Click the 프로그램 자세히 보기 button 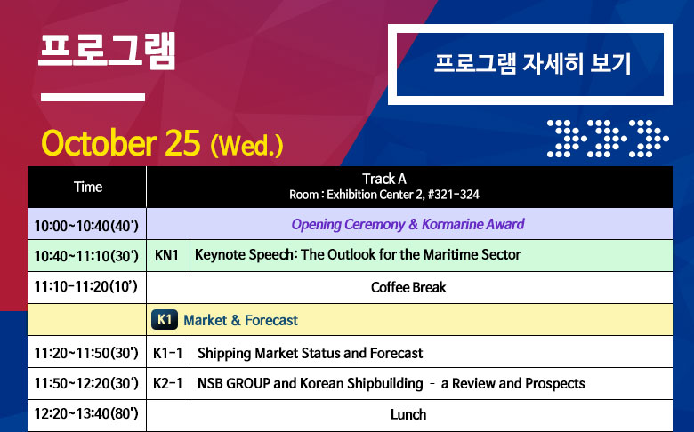tap(529, 65)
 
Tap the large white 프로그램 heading tap(108, 51)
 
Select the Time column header tap(88, 187)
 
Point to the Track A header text tap(384, 179)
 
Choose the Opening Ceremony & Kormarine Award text tap(408, 224)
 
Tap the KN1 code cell tap(168, 256)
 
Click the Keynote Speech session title tap(358, 255)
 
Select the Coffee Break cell tap(408, 287)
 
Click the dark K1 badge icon tap(165, 320)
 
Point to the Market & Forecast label tap(241, 320)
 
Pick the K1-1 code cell tap(168, 353)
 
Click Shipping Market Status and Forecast tap(310, 353)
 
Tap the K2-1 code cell tap(168, 383)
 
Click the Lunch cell tap(408, 415)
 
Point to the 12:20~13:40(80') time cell tap(87, 414)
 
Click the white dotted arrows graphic tap(608, 139)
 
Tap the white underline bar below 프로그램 tap(93, 97)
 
